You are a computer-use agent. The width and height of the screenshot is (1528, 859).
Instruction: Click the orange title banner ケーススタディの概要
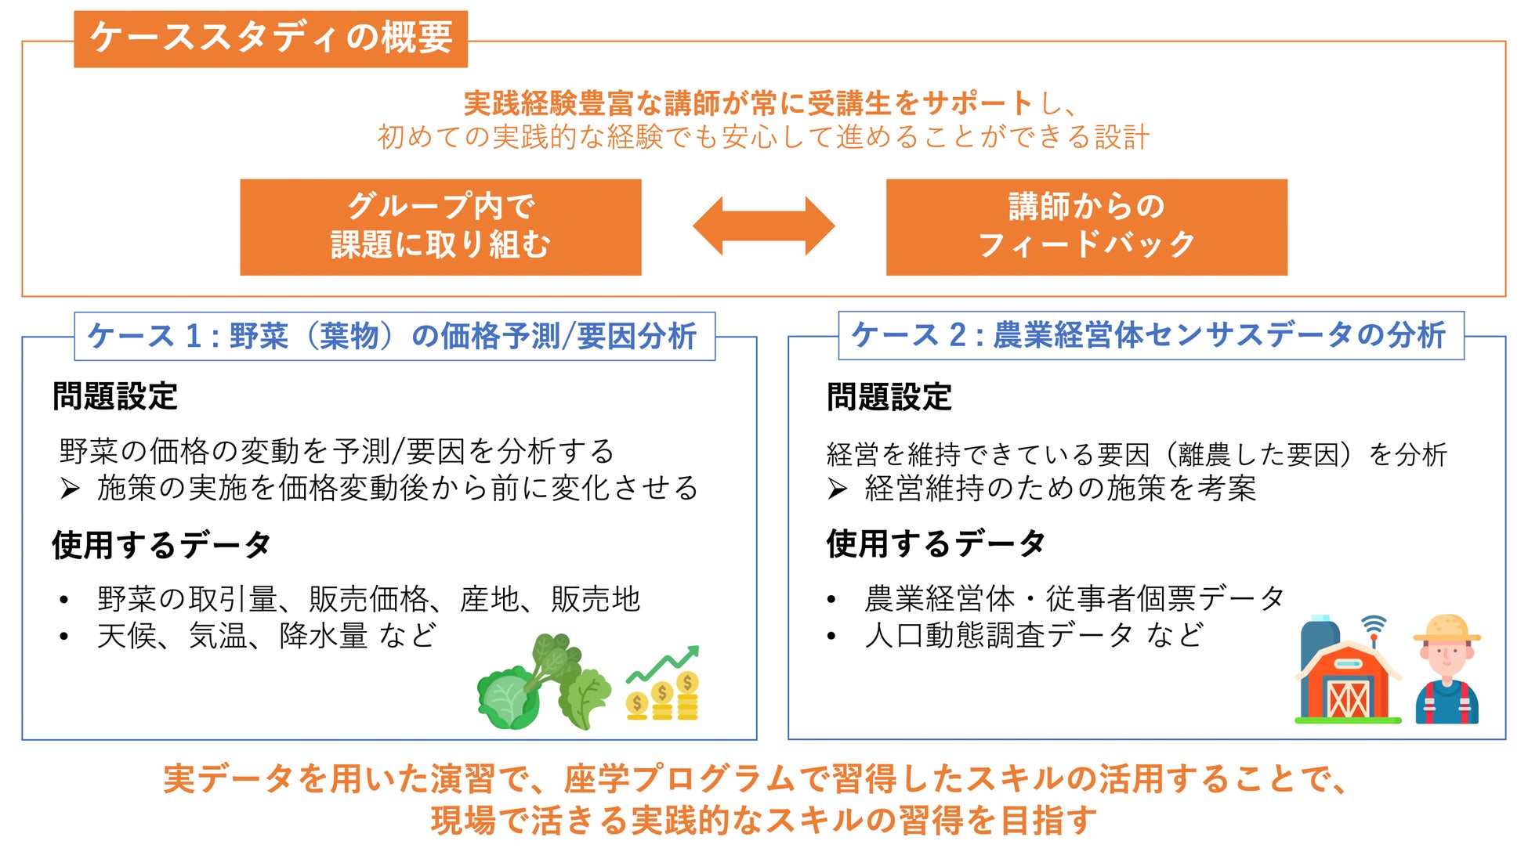coord(270,38)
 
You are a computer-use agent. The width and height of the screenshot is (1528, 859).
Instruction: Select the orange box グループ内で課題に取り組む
coord(440,226)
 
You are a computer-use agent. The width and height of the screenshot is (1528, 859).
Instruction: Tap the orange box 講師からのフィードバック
coord(1086,226)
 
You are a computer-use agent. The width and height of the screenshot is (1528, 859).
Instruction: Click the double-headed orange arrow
coord(763,226)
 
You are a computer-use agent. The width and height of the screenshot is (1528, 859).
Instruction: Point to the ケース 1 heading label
coord(394,337)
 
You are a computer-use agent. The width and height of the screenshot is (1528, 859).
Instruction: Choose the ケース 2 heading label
coord(1150,335)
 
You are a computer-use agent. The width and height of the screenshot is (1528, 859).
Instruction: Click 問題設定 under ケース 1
coord(115,396)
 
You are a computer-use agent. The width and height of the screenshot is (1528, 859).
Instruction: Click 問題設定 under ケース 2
coord(889,397)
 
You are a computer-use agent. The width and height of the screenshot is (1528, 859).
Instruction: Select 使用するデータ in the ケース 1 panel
coord(161,545)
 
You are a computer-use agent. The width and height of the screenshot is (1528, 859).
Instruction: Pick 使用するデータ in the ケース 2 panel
coord(936,543)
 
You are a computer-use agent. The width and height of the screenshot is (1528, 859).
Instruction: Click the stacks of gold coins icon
coord(663,697)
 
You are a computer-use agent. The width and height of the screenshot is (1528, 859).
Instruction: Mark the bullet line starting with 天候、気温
coord(266,636)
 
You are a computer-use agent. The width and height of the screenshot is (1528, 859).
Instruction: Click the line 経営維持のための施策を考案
coord(1059,489)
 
